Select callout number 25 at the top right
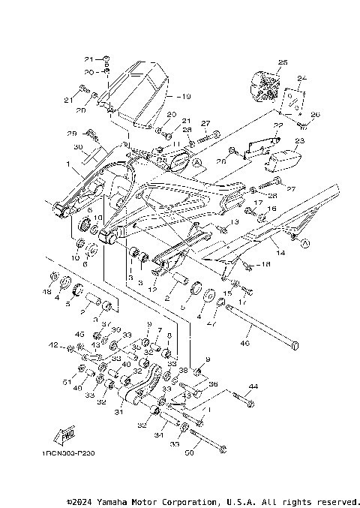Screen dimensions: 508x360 283,62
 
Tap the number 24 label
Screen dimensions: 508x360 302,78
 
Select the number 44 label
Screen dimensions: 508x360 253,386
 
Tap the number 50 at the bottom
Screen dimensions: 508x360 189,454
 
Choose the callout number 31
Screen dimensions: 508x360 118,411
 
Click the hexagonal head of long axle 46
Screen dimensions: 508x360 296,345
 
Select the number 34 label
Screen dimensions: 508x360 157,435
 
